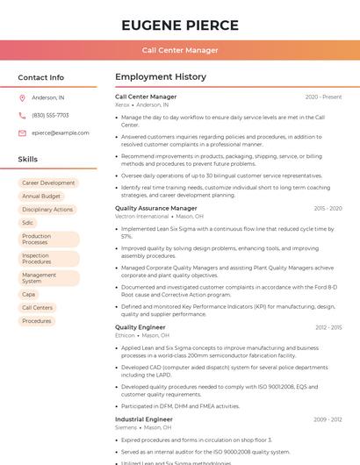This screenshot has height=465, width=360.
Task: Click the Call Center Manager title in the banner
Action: [180, 50]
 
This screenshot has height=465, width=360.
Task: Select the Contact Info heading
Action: [41, 77]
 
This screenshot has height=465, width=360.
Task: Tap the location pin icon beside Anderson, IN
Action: [22, 97]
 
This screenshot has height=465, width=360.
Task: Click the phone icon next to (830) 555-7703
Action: [22, 115]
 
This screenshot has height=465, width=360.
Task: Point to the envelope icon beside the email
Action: [22, 132]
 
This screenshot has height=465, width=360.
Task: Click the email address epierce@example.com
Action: [61, 132]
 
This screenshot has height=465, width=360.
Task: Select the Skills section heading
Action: [28, 160]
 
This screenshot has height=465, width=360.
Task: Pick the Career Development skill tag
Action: [48, 183]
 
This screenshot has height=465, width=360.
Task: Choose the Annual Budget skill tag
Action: [41, 197]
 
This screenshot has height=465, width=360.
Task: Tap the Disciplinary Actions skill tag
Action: [47, 210]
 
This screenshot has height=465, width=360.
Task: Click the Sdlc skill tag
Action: [28, 223]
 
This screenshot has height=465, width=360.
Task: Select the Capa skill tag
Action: [29, 295]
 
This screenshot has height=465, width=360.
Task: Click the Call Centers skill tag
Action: [38, 308]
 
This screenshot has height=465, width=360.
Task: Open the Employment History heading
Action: [161, 77]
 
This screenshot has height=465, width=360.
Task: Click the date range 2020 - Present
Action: [323, 97]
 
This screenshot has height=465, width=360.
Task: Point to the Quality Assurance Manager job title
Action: [156, 209]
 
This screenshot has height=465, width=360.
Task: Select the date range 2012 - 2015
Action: [328, 327]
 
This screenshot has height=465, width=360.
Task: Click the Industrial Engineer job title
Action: [144, 419]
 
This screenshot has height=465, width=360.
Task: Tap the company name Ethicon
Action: [125, 335]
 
